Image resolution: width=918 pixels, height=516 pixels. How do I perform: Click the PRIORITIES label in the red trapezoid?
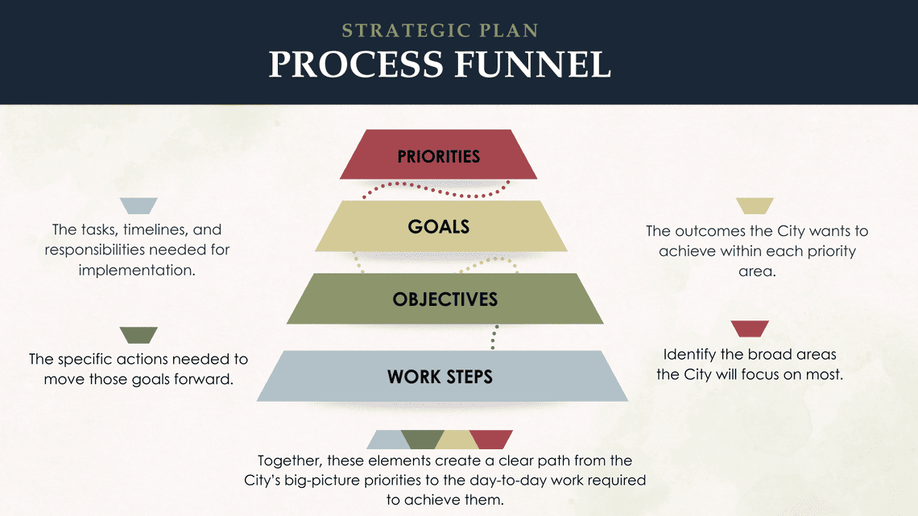[x=439, y=156]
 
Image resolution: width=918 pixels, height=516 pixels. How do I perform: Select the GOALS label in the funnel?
[x=439, y=226]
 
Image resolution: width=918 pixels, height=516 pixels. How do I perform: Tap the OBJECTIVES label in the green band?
[x=445, y=299]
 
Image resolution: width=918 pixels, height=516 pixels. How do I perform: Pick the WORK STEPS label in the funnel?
[x=440, y=376]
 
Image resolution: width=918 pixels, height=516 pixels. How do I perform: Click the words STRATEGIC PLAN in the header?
[x=440, y=31]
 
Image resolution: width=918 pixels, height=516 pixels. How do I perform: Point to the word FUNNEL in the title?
[x=533, y=64]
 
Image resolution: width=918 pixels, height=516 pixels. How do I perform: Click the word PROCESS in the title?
[x=356, y=64]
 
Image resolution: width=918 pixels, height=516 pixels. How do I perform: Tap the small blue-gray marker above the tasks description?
[x=139, y=206]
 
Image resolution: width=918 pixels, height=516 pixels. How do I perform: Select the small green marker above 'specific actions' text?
[x=139, y=335]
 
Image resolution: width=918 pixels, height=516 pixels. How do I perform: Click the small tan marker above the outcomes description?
[x=755, y=206]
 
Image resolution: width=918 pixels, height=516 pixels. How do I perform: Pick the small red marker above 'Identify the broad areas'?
[x=750, y=328]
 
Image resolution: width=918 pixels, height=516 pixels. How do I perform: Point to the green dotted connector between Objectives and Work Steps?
[x=494, y=337]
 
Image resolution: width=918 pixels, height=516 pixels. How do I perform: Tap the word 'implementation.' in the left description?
[x=137, y=270]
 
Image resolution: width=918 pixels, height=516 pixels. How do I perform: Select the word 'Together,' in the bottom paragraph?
[x=290, y=461]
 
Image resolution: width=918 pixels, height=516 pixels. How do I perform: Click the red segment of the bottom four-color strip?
[x=491, y=440]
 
